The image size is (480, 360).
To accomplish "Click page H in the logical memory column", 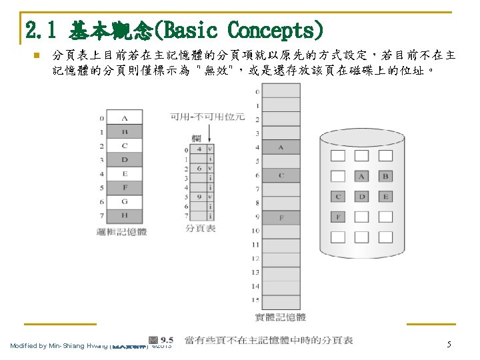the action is [x=125, y=215].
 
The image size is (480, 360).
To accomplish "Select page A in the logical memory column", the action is [x=125, y=119].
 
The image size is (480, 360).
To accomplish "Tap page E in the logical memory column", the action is [x=125, y=174].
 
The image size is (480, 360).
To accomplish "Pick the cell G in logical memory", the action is [x=125, y=201].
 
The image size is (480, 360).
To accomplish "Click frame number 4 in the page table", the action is [x=199, y=150].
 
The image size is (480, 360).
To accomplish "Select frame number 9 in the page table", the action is [x=199, y=197].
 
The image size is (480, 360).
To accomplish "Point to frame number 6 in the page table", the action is [x=199, y=169].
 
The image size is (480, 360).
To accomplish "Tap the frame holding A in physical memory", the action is [x=281, y=147].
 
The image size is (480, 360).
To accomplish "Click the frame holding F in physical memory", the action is [x=281, y=217].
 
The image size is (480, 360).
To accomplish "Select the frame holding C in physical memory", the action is [x=281, y=175].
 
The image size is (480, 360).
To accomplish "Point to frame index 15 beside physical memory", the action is [x=255, y=300].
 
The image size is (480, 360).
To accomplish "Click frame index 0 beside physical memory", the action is [x=257, y=91].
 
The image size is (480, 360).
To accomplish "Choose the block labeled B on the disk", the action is [x=385, y=177].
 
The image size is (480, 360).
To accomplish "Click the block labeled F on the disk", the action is [x=338, y=217].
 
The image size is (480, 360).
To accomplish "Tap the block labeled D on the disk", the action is [x=361, y=197].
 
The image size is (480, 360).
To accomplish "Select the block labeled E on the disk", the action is [x=385, y=197].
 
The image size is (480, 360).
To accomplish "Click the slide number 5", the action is [x=449, y=344].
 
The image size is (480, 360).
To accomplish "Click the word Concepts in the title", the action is [x=276, y=29].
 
